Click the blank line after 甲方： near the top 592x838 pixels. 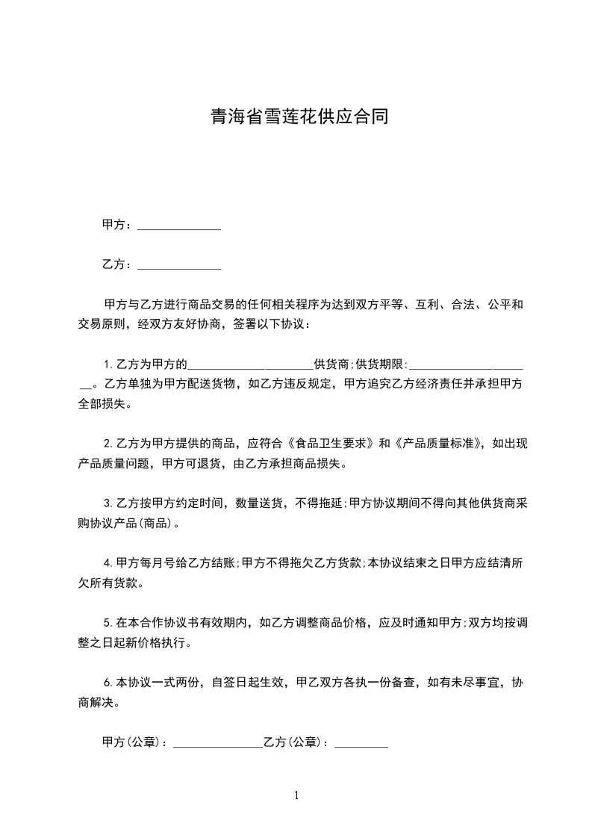pyautogui.click(x=179, y=226)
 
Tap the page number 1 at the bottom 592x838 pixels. pyautogui.click(x=296, y=795)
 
